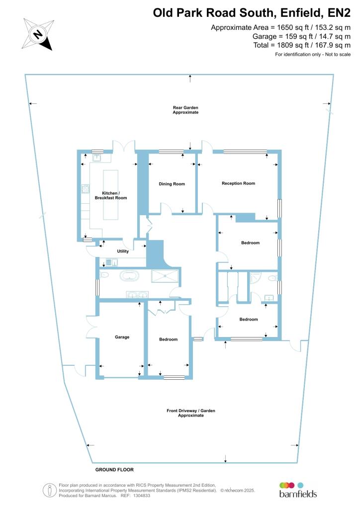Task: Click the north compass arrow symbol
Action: (x=38, y=34)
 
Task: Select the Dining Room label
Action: (x=172, y=184)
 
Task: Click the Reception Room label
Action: (x=238, y=183)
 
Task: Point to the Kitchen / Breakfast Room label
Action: (x=114, y=195)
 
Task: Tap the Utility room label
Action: (x=122, y=252)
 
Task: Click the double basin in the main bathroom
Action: (x=137, y=294)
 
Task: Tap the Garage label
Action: (x=122, y=337)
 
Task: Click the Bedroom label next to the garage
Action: (x=168, y=339)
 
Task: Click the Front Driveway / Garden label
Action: (x=191, y=413)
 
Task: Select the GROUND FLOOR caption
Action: (x=114, y=469)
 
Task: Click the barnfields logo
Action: (x=297, y=490)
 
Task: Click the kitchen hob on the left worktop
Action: (x=85, y=189)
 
